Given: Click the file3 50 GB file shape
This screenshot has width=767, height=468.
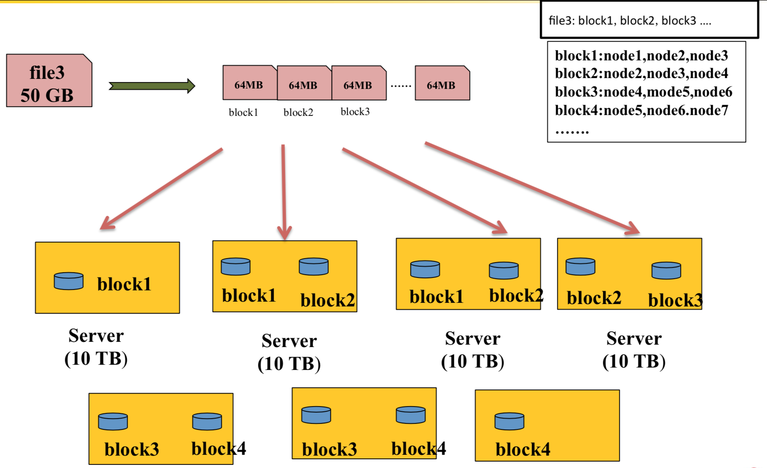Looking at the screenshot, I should pyautogui.click(x=49, y=80).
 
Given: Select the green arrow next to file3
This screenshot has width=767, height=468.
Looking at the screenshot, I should pyautogui.click(x=152, y=86).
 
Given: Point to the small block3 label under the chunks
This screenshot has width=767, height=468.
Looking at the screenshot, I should pyautogui.click(x=355, y=112).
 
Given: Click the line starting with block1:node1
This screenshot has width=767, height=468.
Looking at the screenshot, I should pyautogui.click(x=641, y=55).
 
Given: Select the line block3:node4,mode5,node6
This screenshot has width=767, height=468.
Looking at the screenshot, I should pyautogui.click(x=643, y=92).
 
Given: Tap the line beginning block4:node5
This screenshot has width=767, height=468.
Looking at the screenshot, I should pyautogui.click(x=641, y=111).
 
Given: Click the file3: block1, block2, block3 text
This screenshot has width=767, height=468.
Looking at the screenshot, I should pyautogui.click(x=630, y=21).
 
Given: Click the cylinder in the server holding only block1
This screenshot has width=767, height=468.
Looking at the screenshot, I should pyautogui.click(x=69, y=281).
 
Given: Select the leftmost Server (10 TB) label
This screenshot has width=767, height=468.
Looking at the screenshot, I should pyautogui.click(x=96, y=347).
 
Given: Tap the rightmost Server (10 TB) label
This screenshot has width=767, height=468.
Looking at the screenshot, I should pyautogui.click(x=634, y=349).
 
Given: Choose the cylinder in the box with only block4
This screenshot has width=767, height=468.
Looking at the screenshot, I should pyautogui.click(x=509, y=421).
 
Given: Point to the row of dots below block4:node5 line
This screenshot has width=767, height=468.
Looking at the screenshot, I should pyautogui.click(x=571, y=131).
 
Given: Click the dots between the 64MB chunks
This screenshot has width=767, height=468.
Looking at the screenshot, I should pyautogui.click(x=401, y=86).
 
